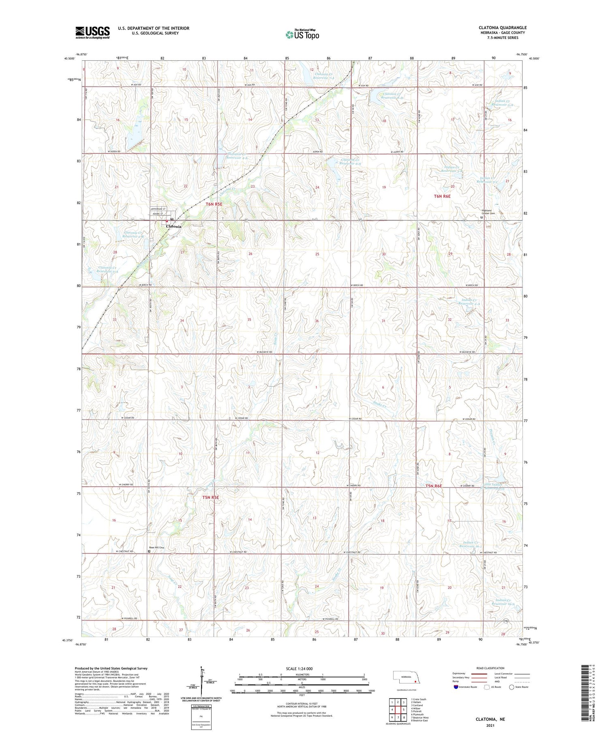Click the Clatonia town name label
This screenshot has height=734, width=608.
coord(173,226)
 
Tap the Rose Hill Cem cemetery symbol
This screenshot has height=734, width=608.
coord(149,551)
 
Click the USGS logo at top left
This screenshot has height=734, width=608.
coord(92,32)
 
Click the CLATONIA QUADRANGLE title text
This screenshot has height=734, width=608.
coord(502,28)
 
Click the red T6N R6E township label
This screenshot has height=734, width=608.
coord(442,196)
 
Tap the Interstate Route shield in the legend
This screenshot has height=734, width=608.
coord(456,687)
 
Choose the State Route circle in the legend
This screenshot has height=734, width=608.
coord(512,687)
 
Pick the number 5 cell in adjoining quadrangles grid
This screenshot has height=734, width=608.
coord(404,710)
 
